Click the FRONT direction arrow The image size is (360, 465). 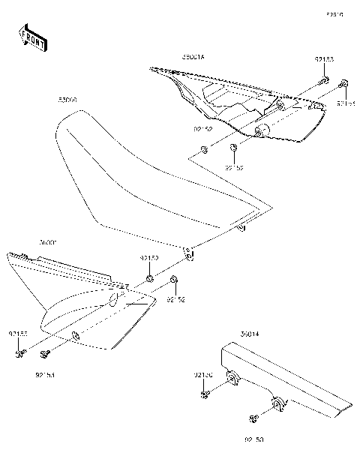[x=31, y=37]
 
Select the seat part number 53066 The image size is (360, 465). [x=67, y=99]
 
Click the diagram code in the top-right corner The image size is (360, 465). [x=334, y=13]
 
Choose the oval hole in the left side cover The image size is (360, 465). [x=114, y=300]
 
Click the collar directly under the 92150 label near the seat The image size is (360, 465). [x=150, y=279]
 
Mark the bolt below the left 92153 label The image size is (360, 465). [x=19, y=350]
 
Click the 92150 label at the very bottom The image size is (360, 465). [x=254, y=440]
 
